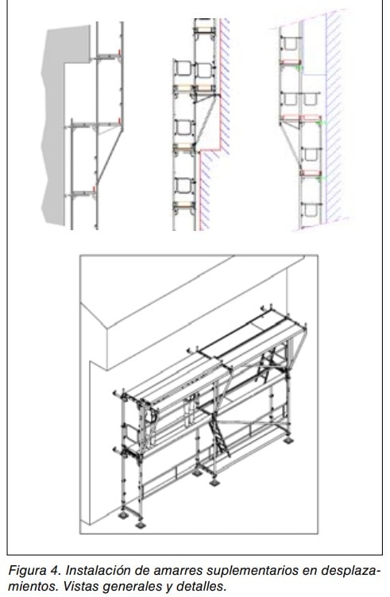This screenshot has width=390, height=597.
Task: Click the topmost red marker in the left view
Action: pyautogui.click(x=120, y=52)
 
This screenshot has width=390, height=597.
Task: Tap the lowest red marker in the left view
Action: pyautogui.click(x=94, y=190)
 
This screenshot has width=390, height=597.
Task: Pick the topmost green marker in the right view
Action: pyautogui.click(x=299, y=67)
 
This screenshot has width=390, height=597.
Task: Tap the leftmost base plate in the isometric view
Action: pyautogui.click(x=123, y=515)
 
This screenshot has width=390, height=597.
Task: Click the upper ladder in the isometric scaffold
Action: pyautogui.click(x=266, y=364)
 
